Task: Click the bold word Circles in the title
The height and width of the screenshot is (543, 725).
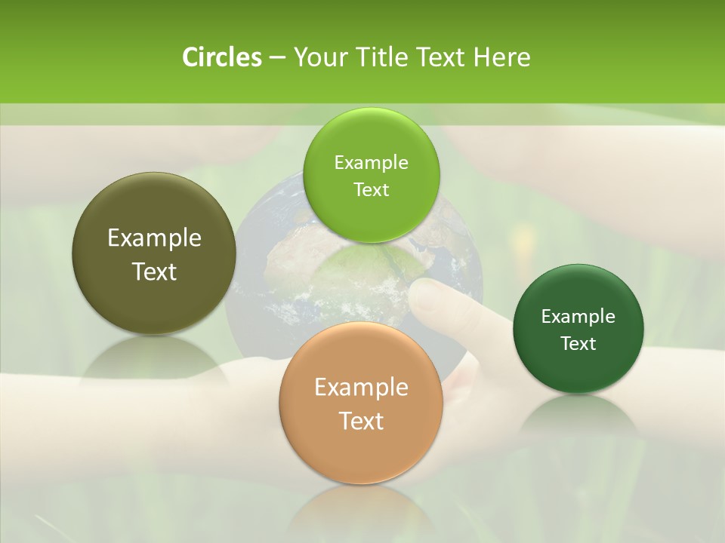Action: pos(222,57)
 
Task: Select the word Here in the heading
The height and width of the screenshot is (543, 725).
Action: pos(502,57)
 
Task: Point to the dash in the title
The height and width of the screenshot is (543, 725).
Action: pos(277,58)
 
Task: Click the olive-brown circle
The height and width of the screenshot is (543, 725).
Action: pos(154,254)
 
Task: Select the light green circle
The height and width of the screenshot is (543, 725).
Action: pos(372,175)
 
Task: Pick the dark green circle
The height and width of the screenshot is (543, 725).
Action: pos(578,329)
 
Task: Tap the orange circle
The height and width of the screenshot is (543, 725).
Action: pos(361,403)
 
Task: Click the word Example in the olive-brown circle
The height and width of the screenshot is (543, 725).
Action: pos(154,238)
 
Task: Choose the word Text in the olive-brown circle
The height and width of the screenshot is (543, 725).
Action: pos(154,271)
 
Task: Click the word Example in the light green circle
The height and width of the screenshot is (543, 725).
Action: pos(372,162)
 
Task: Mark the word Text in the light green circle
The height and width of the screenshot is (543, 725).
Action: pos(372,189)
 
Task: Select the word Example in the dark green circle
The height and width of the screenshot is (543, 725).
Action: pos(578,316)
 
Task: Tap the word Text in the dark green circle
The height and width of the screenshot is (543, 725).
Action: pos(578,343)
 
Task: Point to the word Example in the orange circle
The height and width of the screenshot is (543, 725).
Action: pos(361,388)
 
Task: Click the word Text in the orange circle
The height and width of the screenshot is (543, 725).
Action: pos(361,421)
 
